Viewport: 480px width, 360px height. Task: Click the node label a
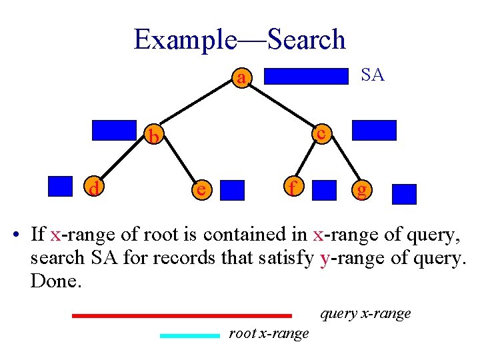[x=241, y=79]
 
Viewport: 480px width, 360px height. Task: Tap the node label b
[x=154, y=137]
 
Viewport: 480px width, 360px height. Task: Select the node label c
[x=321, y=133]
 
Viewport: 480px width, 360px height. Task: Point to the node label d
[x=95, y=190]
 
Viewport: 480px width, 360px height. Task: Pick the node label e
[x=199, y=190]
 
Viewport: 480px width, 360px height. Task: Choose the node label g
[x=362, y=191]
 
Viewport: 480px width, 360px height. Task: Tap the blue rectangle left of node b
[x=113, y=130]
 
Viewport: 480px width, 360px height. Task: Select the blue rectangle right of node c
[x=373, y=130]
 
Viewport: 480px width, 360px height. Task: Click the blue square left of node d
[x=60, y=186]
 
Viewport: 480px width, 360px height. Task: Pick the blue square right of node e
[x=233, y=190]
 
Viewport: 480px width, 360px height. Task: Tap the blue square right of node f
[x=325, y=190]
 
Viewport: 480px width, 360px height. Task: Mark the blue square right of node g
[x=404, y=194]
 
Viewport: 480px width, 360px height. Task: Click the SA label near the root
[x=373, y=75]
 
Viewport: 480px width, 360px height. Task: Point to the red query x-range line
[x=181, y=315]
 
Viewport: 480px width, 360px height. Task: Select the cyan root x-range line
[x=189, y=336]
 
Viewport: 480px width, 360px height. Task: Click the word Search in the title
[x=306, y=39]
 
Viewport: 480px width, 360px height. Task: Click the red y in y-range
[x=325, y=258]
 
